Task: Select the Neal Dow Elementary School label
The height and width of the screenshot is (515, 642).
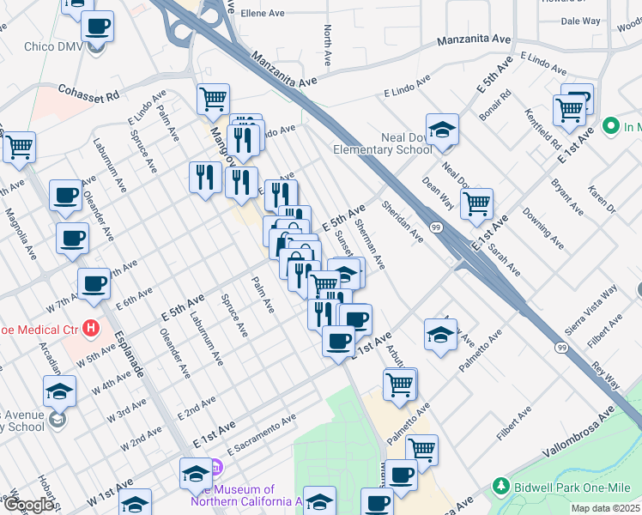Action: (x=406, y=143)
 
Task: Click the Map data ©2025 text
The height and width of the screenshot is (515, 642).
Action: (x=607, y=508)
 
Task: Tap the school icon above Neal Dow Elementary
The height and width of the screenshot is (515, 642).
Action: (x=442, y=129)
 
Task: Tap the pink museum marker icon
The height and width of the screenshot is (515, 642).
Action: (x=215, y=469)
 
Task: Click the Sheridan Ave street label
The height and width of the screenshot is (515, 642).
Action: (x=403, y=221)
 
